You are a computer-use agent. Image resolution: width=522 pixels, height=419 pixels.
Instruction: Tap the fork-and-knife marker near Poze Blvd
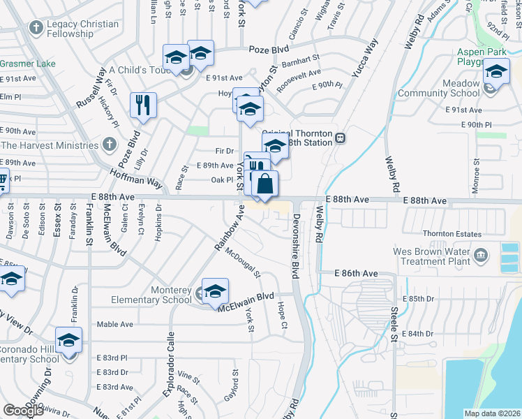143,105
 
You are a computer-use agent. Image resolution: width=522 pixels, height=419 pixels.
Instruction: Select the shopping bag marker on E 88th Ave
265,184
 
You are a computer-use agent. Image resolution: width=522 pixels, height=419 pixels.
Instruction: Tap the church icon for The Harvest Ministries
107,145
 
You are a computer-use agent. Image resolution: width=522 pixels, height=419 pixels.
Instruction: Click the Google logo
24,411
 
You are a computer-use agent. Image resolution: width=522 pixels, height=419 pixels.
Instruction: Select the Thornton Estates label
452,234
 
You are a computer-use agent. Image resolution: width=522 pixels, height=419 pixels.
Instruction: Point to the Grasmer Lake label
27,64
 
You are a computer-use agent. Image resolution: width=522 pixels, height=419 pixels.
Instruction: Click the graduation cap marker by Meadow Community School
496,73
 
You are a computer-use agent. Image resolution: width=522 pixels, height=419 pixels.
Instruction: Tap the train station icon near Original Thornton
341,138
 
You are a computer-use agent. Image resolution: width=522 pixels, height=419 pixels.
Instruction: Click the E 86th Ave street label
356,273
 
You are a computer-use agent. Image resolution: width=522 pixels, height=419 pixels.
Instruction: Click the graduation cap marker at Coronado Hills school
69,341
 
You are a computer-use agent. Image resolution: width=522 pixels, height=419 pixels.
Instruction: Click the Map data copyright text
492,413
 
